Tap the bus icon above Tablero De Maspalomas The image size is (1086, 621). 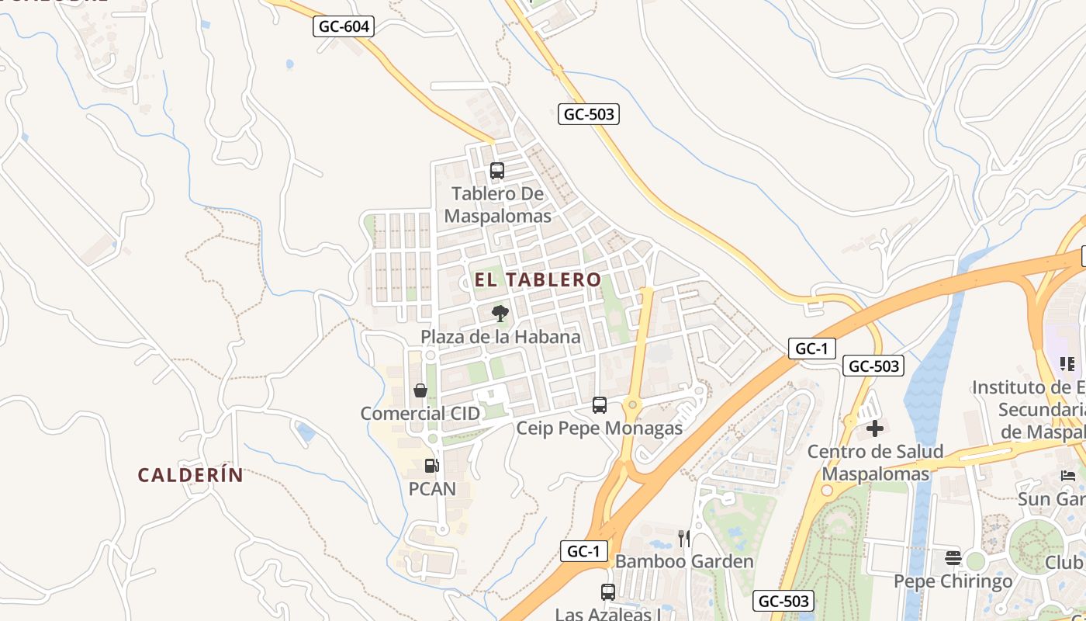[x=497, y=171]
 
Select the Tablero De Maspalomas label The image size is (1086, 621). [x=498, y=205]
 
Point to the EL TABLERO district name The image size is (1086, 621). [x=538, y=279]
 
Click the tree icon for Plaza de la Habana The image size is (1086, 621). [x=500, y=314]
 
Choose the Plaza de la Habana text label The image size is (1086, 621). [x=500, y=337]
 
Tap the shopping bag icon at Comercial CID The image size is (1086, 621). [x=420, y=390]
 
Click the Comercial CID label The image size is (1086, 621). [x=414, y=414]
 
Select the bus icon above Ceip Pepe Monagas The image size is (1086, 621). [x=600, y=404]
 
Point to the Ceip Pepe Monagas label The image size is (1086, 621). [x=600, y=428]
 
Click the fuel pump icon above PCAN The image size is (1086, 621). [x=432, y=466]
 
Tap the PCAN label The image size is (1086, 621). [x=432, y=489]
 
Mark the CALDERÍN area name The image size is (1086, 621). [x=191, y=475]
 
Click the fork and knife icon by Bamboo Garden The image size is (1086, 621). [x=683, y=538]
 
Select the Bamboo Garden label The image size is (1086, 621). [x=684, y=561]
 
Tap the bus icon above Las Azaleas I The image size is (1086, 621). [x=608, y=592]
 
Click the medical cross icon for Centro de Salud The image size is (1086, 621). [x=875, y=428]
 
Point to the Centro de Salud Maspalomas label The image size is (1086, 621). [x=875, y=463]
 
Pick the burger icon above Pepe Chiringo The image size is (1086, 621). [x=953, y=558]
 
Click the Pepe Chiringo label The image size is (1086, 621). [x=953, y=581]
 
